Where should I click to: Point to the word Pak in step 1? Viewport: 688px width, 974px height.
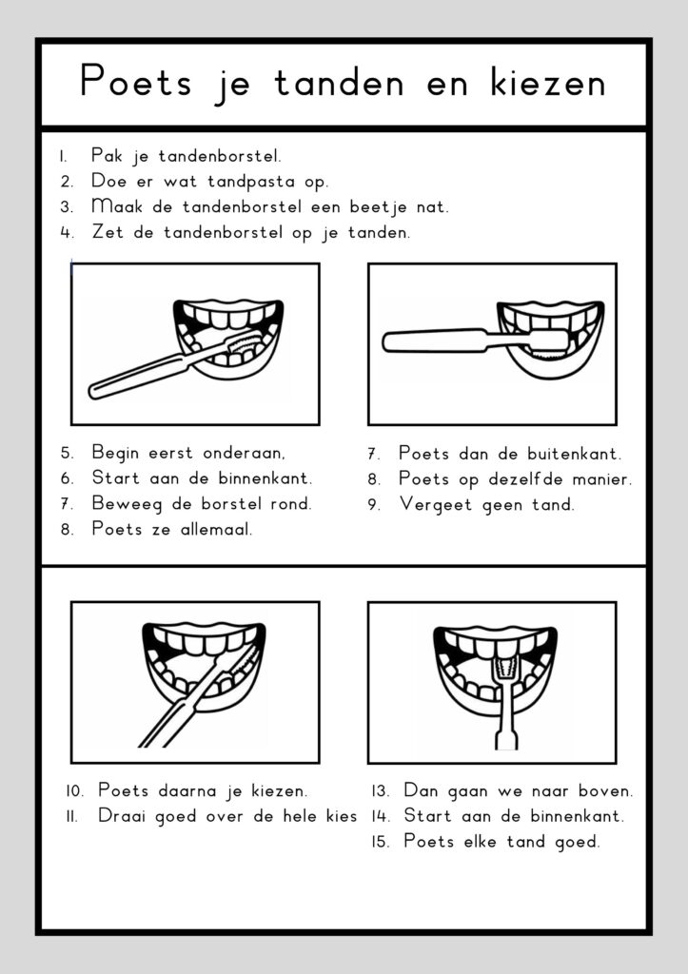click(x=108, y=155)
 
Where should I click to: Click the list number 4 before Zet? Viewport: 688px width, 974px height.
click(x=66, y=232)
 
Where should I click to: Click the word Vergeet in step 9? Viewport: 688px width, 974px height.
click(x=436, y=504)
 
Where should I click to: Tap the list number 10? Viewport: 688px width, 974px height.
click(x=75, y=790)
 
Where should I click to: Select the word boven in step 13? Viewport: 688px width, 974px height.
click(x=605, y=790)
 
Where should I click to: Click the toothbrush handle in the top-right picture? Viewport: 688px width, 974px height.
click(x=428, y=340)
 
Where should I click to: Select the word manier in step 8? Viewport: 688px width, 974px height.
click(x=601, y=478)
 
